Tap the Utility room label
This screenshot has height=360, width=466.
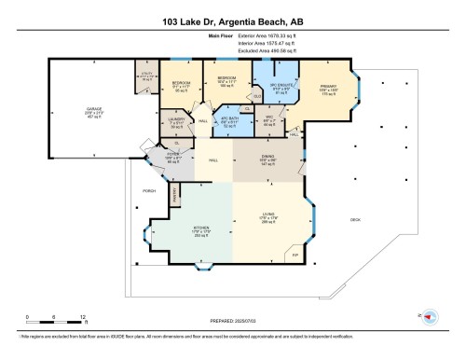click(146, 74)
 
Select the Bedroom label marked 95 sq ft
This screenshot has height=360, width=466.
click(181, 82)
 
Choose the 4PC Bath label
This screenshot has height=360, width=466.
click(229, 119)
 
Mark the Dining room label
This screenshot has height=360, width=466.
click(268, 156)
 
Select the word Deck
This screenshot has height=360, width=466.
click(354, 220)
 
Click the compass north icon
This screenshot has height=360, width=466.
click(428, 316)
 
